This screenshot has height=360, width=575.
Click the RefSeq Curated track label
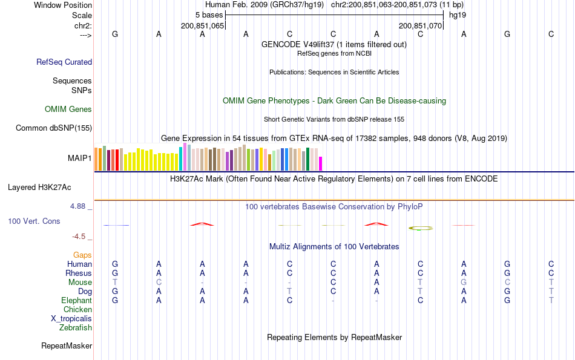click(x=64, y=62)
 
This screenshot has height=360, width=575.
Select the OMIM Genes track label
click(x=68, y=110)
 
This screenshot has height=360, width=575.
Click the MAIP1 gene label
click(x=80, y=158)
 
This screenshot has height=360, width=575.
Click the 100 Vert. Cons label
click(x=34, y=221)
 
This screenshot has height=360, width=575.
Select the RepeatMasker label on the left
click(x=67, y=346)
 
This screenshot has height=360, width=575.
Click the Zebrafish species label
click(x=76, y=328)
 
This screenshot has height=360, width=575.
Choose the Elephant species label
click(x=76, y=301)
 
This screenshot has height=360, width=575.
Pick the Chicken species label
click(x=77, y=310)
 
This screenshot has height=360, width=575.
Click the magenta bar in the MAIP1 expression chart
click(x=321, y=163)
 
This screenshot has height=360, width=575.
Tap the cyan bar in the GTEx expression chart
click(x=181, y=159)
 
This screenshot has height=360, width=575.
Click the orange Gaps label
click(x=82, y=255)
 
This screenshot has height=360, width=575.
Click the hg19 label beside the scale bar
click(x=457, y=15)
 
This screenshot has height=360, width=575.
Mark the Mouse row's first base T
click(x=115, y=283)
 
